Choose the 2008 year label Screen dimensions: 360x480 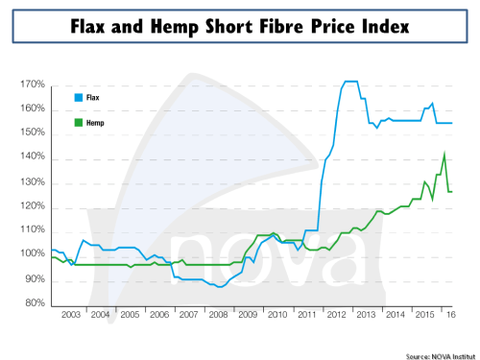pyautogui.click(x=218, y=315)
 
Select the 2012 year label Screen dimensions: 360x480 pyautogui.click(x=337, y=315)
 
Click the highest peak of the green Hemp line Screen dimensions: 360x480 pyautogui.click(x=444, y=155)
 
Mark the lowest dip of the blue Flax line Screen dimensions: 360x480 pyautogui.click(x=220, y=286)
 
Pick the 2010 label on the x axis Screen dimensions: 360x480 pyautogui.click(x=277, y=315)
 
